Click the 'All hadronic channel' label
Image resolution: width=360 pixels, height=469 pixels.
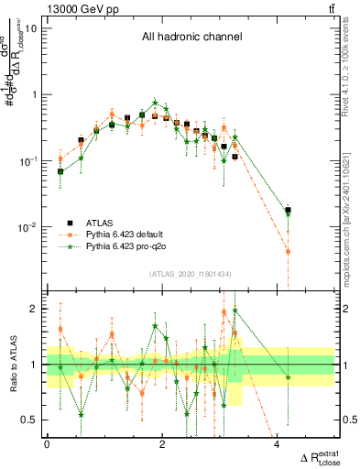[x=191, y=38]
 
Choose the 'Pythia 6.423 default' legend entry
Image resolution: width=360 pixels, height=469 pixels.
[x=125, y=234]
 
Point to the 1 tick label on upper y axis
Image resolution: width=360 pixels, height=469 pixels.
[x=35, y=94]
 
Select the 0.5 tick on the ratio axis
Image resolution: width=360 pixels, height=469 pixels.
[x=30, y=420]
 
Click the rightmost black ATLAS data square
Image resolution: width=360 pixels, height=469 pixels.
[x=288, y=210]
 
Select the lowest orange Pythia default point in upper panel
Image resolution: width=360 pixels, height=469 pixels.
[x=288, y=251]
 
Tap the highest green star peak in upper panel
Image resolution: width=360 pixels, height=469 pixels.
[x=156, y=103]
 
